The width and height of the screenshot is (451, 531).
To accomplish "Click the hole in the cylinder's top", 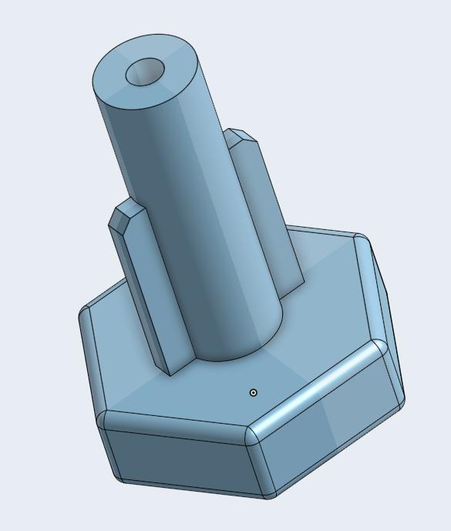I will click(x=145, y=73).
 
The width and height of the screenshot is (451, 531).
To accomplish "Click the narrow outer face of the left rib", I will click(x=143, y=301).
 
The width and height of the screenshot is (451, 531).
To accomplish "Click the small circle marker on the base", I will click(x=254, y=393).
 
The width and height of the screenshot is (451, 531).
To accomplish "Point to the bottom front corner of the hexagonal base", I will click(x=269, y=495).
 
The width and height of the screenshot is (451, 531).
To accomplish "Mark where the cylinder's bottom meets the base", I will click(x=231, y=356).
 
